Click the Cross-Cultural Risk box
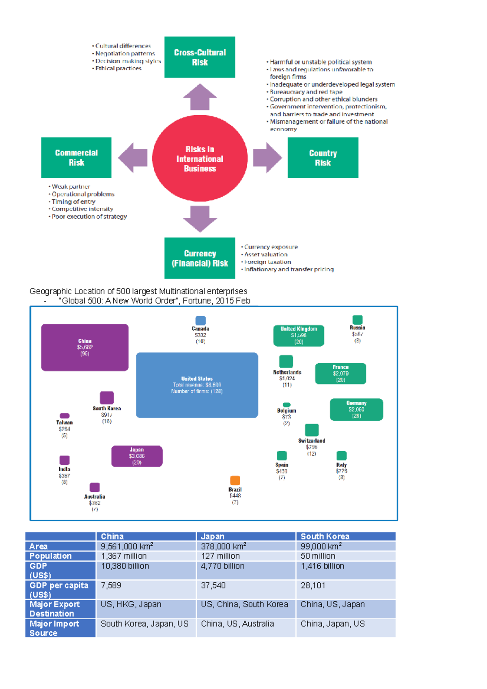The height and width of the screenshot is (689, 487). point(200,57)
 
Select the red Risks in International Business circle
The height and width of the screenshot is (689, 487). point(200,159)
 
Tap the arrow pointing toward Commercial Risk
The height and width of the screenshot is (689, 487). point(133,158)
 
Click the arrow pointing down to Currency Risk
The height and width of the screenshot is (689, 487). point(200,218)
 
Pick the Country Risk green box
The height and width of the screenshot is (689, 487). point(323,158)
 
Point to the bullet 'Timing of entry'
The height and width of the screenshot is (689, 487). point(73,202)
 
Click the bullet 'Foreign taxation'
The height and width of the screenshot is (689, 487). point(267,262)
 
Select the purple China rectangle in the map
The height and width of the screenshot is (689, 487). point(85,347)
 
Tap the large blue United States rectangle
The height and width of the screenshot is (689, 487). point(197,385)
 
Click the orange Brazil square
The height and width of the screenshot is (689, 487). point(235,480)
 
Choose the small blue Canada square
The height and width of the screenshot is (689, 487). point(200,321)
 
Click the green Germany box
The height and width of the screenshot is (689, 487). point(356,409)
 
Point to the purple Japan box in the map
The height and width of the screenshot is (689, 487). point(137,456)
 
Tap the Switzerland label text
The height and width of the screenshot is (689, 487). point(311,441)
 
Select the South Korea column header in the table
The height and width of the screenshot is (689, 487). point(325,536)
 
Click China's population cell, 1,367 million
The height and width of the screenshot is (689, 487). point(124,556)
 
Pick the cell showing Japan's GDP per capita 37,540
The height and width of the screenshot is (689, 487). point(213,586)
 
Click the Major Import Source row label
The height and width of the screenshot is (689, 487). point(55,628)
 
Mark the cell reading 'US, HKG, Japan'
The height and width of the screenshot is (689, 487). point(131,604)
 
